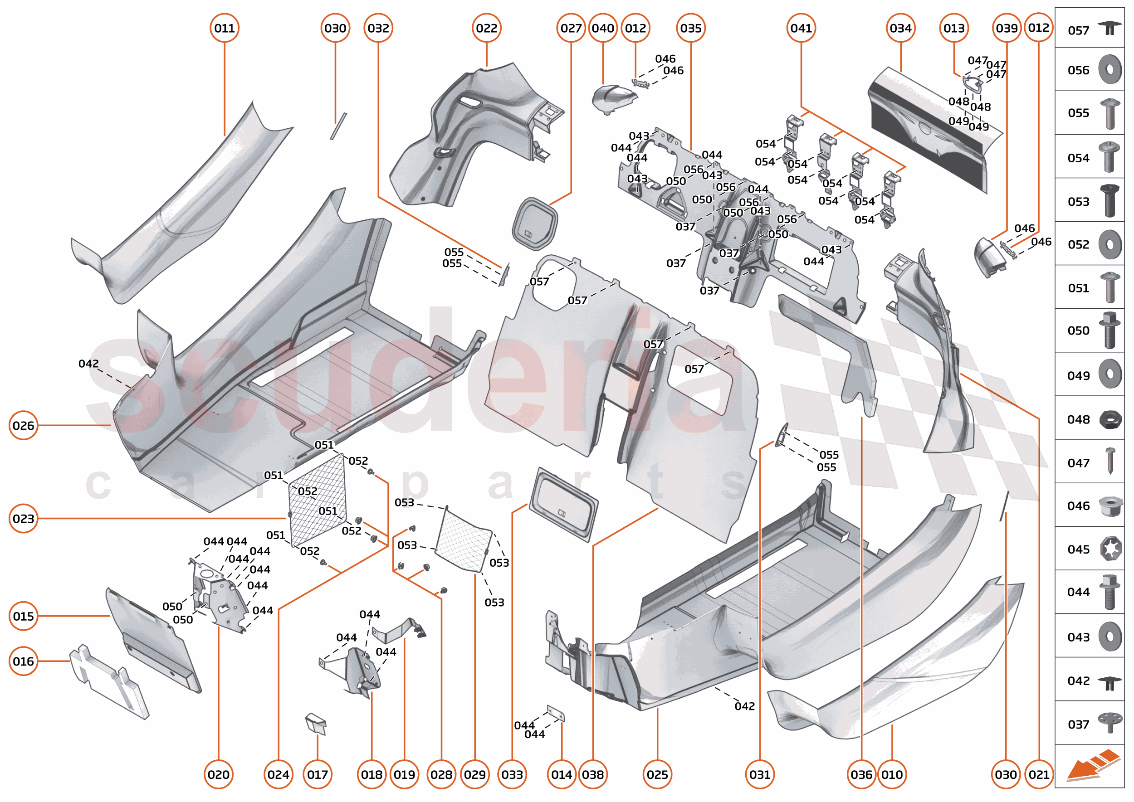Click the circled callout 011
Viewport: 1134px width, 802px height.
pos(225,28)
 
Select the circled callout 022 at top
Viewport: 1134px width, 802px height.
pos(486,28)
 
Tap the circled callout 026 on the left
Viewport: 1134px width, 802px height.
pos(23,425)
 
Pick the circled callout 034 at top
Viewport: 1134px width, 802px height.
pos(900,28)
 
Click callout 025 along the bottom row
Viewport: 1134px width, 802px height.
pos(657,774)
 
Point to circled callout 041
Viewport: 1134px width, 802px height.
pos(801,28)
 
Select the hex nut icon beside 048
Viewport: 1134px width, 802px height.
pos(1110,420)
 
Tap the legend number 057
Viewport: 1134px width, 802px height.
pos(1078,31)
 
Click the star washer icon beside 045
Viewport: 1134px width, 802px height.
pos(1110,549)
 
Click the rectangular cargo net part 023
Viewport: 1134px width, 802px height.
pos(317,499)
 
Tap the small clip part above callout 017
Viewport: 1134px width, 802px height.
pos(316,724)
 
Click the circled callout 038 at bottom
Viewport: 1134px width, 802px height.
pos(592,774)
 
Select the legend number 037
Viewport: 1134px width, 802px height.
pos(1078,724)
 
